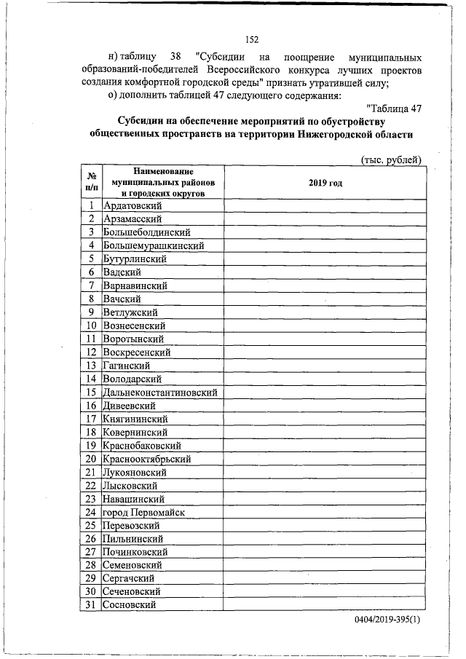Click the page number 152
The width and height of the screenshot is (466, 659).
tap(253, 39)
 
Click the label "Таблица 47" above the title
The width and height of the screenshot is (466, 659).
tap(393, 108)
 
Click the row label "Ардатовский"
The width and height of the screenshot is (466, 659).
tap(133, 206)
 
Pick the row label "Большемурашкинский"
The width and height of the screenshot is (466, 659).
tap(153, 245)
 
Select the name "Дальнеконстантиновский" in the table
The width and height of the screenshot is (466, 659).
tap(161, 392)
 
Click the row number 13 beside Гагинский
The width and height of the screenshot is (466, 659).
tap(92, 366)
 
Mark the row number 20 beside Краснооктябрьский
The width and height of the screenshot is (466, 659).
tap(92, 459)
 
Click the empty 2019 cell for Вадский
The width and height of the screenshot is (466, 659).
tap(325, 272)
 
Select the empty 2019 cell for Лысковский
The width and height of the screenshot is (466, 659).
tap(325, 485)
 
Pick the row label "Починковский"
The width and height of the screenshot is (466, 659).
tap(135, 552)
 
